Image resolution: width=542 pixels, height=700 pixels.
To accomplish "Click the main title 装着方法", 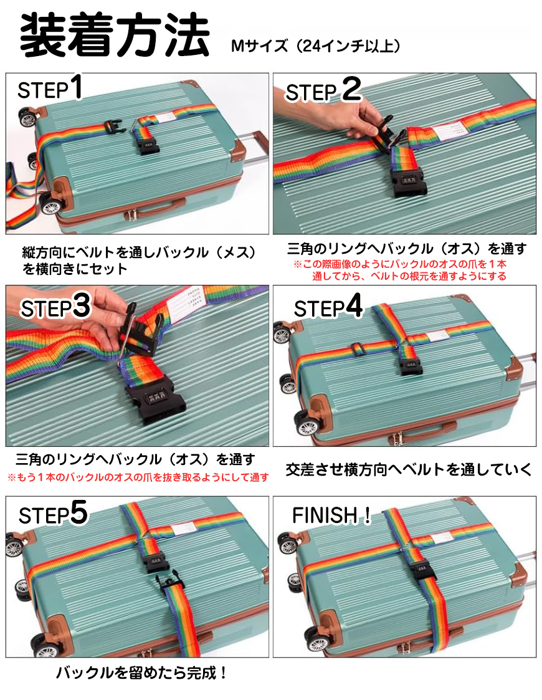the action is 114,35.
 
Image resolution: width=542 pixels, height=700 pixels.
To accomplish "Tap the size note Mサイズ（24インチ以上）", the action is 315,46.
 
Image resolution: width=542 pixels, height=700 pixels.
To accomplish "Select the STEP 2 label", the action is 323,90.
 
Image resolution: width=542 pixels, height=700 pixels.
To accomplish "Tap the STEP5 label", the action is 53,514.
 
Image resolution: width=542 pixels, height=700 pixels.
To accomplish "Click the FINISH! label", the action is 331,515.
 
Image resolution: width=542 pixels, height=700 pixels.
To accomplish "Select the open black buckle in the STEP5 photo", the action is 169,583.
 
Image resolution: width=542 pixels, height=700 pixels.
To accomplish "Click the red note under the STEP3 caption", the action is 139,477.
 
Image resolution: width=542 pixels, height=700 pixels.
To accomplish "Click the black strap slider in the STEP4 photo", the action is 358,349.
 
